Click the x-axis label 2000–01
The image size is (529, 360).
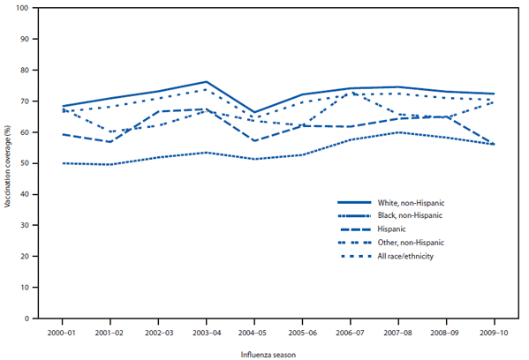[62, 333]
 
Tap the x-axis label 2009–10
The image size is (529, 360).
[495, 333]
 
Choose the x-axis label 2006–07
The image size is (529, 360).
[351, 333]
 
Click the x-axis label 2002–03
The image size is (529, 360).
[158, 333]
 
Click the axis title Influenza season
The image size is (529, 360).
[277, 353]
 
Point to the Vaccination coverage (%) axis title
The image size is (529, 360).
[8, 163]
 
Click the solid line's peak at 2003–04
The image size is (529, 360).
[206, 82]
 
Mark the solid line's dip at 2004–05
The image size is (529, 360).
[254, 113]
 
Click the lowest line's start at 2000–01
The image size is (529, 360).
[62, 163]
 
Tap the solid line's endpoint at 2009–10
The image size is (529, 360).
[495, 94]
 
